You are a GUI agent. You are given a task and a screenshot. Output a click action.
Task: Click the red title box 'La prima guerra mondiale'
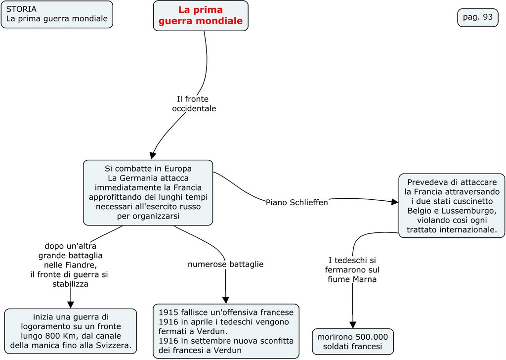pos(200,15)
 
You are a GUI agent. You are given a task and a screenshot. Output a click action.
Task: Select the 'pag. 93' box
pos(477,17)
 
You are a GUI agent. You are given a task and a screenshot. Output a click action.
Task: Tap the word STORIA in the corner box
pos(21,9)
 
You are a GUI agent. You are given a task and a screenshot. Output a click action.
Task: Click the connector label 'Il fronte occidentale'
pos(193,103)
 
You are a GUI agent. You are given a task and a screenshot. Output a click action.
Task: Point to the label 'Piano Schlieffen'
pos(296,202)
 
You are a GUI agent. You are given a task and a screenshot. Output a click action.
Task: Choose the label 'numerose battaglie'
pos(225,264)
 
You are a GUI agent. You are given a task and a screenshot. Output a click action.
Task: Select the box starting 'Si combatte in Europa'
pos(148,192)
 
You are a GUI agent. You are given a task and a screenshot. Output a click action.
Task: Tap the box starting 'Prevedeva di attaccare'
pos(452,206)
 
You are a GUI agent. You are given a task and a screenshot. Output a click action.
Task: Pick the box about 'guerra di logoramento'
pos(71,331)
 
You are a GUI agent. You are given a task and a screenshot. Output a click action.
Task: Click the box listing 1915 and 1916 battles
pos(226,331)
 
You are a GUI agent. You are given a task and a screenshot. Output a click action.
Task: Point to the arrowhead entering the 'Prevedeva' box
pos(394,202)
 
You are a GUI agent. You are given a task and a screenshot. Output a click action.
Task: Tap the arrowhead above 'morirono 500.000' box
pos(353,324)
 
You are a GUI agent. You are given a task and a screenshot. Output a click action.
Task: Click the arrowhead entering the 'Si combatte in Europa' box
pos(153,155)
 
